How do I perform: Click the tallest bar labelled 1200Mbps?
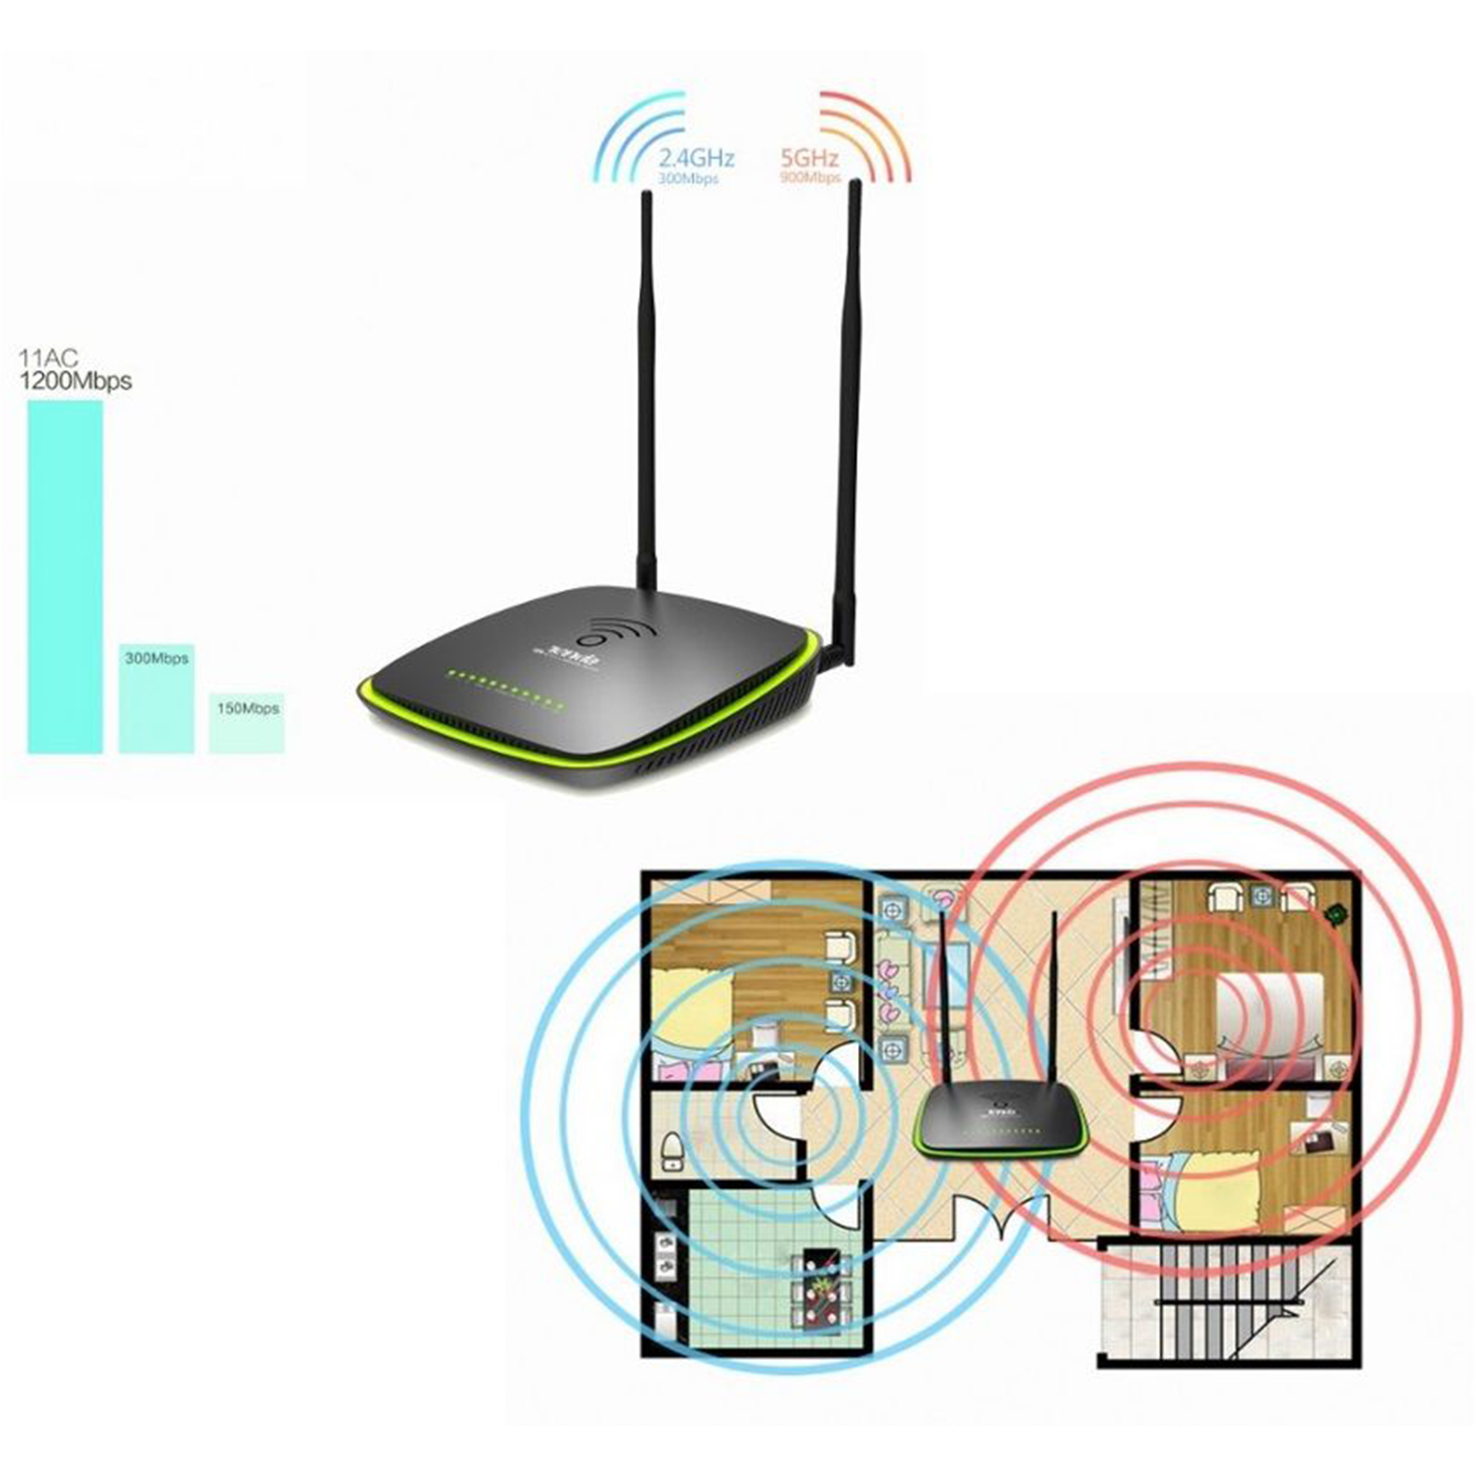click(65, 577)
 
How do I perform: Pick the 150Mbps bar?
click(246, 723)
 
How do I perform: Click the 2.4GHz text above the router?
click(696, 159)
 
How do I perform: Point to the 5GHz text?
click(809, 159)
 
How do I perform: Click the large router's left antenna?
click(647, 387)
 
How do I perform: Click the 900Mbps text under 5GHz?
click(809, 178)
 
